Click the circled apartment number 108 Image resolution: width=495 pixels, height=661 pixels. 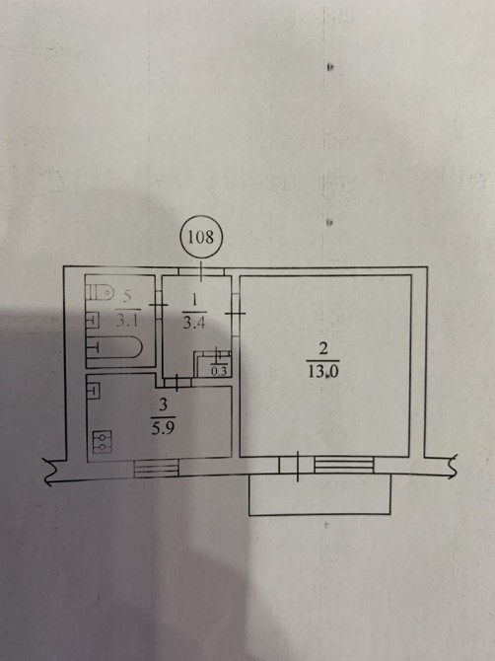(200, 237)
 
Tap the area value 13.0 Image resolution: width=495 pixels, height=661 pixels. (323, 372)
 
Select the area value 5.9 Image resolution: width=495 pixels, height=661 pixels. (163, 429)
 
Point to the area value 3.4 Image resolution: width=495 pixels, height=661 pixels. (194, 323)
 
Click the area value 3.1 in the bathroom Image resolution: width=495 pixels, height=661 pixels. (127, 322)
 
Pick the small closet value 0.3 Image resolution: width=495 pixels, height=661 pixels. (219, 371)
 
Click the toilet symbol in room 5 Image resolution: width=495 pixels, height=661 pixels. (101, 292)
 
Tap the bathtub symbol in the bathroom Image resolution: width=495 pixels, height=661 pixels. (114, 348)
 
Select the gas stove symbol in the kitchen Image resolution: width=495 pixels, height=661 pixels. (102, 442)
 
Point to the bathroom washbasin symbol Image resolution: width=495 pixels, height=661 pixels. (93, 321)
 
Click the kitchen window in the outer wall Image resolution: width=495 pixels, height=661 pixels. (157, 469)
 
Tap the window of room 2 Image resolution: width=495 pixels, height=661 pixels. (344, 466)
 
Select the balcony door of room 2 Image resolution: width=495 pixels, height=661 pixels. (297, 466)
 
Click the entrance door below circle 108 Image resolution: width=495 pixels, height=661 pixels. (201, 271)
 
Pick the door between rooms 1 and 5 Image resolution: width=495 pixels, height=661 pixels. (159, 305)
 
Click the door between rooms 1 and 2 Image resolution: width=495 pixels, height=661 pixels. (236, 314)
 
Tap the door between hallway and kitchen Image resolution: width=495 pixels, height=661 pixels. (177, 383)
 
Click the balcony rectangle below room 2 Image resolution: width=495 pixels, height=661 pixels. (319, 494)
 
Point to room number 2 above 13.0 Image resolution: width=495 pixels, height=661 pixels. (323, 349)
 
